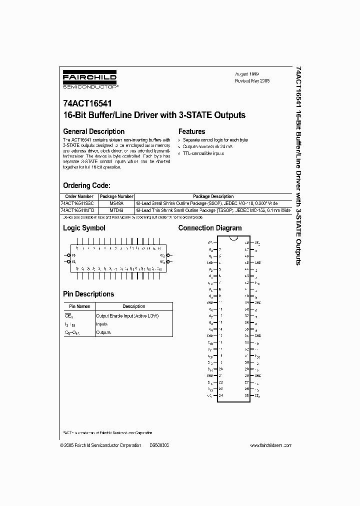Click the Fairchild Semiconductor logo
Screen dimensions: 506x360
(90, 80)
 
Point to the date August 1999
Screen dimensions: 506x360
(247, 73)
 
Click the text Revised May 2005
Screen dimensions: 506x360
(252, 80)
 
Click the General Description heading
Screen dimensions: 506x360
(93, 131)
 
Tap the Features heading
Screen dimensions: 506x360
(192, 131)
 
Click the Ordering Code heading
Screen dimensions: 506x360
(85, 183)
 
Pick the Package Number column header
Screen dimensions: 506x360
(116, 196)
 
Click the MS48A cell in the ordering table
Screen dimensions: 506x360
(116, 203)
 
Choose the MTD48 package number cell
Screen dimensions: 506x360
(116, 210)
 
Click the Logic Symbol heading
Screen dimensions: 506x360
(84, 228)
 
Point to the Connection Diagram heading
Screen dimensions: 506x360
(210, 228)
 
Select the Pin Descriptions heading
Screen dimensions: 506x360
(88, 294)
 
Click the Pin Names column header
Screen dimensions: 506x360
(79, 306)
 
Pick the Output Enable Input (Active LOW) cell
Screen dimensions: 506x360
(127, 315)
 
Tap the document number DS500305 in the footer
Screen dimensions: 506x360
(159, 445)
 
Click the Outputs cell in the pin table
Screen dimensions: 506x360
(103, 332)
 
